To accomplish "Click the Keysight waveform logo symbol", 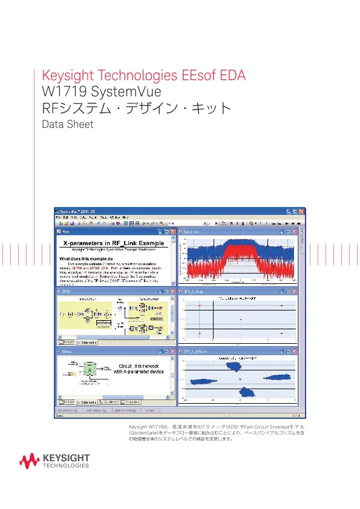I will pos(30,461).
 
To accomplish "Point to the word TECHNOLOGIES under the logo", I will pos(67,466).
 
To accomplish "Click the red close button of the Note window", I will pos(173,231).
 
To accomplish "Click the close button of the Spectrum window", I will pos(295,231).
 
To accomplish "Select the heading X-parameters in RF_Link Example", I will pos(114,243).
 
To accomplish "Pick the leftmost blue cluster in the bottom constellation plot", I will pos(203,381).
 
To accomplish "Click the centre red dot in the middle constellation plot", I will pos(241,319).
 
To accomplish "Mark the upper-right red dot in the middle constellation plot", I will pos(281,306).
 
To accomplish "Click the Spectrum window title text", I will pos(194,231).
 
